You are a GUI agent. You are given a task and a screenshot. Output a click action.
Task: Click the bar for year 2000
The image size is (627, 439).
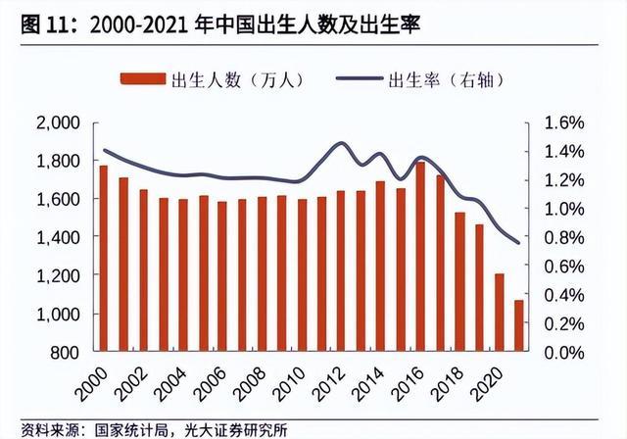[x=103, y=259]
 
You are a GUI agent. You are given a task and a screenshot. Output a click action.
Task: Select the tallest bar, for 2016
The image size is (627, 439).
[x=393, y=257]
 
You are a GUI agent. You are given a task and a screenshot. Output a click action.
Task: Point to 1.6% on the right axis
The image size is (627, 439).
[x=561, y=122]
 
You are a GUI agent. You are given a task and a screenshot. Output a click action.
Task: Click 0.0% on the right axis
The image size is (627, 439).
[x=561, y=352]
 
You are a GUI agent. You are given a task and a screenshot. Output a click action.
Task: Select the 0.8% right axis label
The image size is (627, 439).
[x=561, y=237]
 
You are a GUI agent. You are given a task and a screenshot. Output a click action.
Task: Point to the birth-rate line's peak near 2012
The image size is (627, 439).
[x=339, y=144]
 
